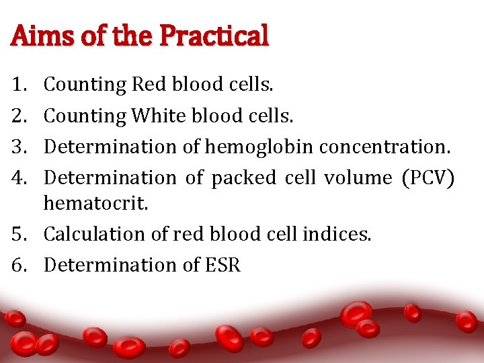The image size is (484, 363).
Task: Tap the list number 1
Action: [18, 85]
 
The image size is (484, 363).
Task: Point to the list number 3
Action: [18, 147]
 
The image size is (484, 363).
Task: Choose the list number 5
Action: [18, 234]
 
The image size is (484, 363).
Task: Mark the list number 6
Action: [18, 265]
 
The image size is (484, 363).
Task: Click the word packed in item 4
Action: [243, 177]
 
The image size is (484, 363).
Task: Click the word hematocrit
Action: [95, 203]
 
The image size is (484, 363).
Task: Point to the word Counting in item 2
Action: [85, 116]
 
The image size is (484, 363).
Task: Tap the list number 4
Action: [18, 177]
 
